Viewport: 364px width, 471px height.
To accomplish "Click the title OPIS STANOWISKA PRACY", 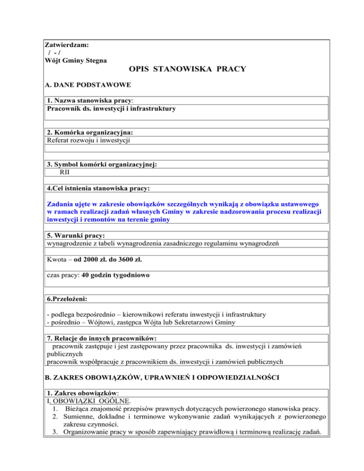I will [187, 69].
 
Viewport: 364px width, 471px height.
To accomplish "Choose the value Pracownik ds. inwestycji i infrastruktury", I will [111, 109].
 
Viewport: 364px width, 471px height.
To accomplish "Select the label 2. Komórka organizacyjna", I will [89, 133].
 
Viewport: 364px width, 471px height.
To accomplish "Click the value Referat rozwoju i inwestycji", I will [89, 140].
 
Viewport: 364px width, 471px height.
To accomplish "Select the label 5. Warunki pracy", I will [76, 235].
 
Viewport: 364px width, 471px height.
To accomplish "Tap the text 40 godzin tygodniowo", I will [112, 275].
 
